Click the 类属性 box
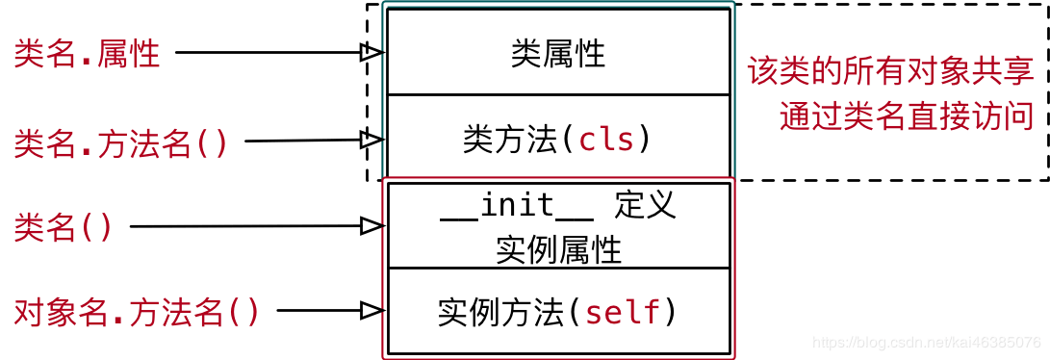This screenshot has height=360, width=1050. click(x=558, y=53)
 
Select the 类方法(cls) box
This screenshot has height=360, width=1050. click(x=558, y=140)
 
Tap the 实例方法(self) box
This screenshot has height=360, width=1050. click(x=558, y=312)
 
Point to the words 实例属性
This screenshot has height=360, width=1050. click(x=558, y=249)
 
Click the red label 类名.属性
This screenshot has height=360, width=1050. click(x=87, y=54)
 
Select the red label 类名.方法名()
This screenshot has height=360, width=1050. click(x=121, y=143)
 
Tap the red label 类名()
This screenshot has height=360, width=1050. click(x=64, y=227)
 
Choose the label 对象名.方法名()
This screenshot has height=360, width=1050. click(x=137, y=312)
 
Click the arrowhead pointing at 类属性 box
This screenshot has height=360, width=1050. click(x=372, y=53)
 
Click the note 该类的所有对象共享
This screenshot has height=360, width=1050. click(x=890, y=71)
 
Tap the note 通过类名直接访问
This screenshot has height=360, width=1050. click(x=907, y=116)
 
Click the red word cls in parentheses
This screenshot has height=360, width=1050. click(x=606, y=141)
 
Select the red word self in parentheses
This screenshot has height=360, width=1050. click(x=624, y=312)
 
